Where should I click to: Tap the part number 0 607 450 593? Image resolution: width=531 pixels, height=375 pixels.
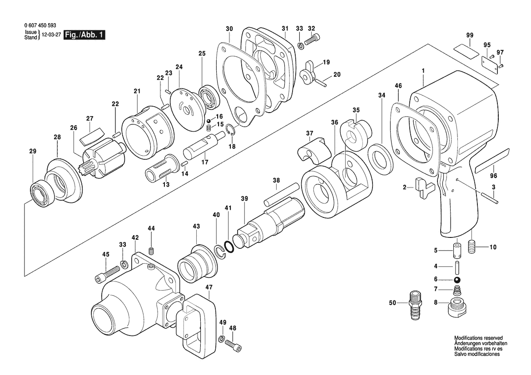click(x=40, y=25)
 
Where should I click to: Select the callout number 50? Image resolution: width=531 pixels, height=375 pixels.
click(x=392, y=303)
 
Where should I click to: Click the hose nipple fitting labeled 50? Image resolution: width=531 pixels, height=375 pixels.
click(x=415, y=304)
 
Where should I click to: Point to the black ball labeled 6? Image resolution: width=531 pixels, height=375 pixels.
click(x=457, y=280)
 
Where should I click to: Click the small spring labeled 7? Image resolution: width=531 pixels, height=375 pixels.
click(x=457, y=290)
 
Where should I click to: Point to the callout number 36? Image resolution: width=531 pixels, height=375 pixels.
click(x=335, y=122)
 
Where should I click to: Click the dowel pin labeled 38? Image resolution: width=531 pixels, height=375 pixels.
click(x=281, y=193)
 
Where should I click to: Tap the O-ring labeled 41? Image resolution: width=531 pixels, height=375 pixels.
click(x=229, y=247)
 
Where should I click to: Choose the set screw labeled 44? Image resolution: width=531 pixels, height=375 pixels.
click(x=151, y=251)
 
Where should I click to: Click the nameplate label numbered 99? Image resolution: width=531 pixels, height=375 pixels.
click(x=467, y=50)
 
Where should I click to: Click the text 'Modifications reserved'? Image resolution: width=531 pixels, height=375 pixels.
click(x=478, y=338)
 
